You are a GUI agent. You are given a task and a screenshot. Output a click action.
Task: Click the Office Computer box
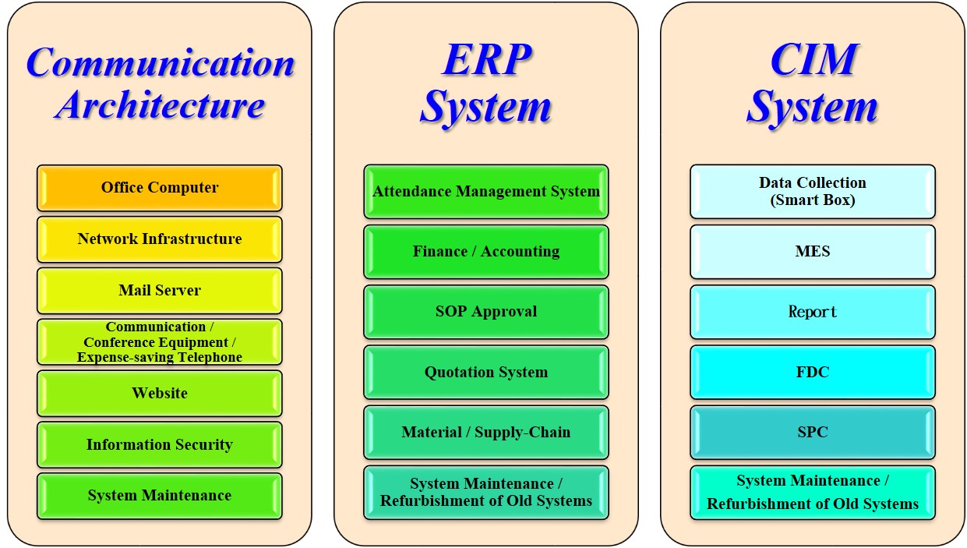pyautogui.click(x=160, y=188)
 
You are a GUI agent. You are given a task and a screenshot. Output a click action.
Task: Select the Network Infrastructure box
pyautogui.click(x=160, y=239)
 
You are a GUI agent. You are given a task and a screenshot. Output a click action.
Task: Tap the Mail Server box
pyautogui.click(x=160, y=291)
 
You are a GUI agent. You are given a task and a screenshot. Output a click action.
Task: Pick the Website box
pyautogui.click(x=160, y=394)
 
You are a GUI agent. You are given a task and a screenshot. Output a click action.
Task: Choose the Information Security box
pyautogui.click(x=160, y=445)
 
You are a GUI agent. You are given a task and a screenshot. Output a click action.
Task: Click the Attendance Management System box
pyautogui.click(x=486, y=191)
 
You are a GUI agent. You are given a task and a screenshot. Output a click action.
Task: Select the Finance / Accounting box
pyautogui.click(x=486, y=252)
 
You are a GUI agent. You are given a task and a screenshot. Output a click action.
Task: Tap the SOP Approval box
pyautogui.click(x=486, y=312)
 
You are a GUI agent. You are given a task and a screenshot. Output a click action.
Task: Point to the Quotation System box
pyautogui.click(x=486, y=373)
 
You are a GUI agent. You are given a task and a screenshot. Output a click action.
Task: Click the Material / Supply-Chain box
pyautogui.click(x=486, y=433)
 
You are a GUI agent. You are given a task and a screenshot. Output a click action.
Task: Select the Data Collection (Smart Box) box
pyautogui.click(x=813, y=191)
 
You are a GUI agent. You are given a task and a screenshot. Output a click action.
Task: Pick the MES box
pyautogui.click(x=813, y=252)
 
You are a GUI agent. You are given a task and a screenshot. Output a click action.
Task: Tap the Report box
pyautogui.click(x=813, y=312)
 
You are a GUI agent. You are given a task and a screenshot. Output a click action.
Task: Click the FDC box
pyautogui.click(x=813, y=373)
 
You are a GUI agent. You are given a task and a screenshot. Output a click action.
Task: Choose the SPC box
pyautogui.click(x=813, y=433)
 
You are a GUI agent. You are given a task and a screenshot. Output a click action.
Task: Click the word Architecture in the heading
pyautogui.click(x=160, y=105)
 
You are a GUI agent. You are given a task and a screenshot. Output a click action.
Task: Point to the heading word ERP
pyautogui.click(x=487, y=59)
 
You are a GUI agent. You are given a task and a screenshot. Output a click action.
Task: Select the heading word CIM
pyautogui.click(x=814, y=59)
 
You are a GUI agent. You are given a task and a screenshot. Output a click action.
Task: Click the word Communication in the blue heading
pyautogui.click(x=161, y=62)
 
